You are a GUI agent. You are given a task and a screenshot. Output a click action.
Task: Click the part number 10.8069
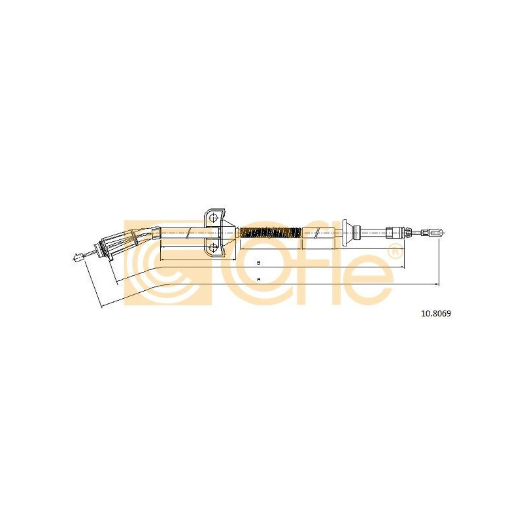coord(436,314)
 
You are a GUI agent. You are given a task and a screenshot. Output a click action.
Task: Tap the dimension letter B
coord(258,263)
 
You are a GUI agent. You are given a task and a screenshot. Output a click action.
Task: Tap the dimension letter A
coord(258,279)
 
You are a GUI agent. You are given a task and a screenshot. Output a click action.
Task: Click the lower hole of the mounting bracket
coord(213,248)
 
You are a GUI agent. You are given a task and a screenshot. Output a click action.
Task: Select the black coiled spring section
coord(271,233)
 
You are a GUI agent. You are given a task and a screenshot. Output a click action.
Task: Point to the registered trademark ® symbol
coord(394,250)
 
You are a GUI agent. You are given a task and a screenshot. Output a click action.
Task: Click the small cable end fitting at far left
coord(78,257)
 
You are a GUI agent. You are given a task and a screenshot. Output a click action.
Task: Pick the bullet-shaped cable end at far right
coord(436,232)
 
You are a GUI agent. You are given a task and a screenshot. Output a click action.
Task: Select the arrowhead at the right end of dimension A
coord(437,284)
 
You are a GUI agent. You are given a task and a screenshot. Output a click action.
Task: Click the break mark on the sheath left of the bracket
coord(189,233)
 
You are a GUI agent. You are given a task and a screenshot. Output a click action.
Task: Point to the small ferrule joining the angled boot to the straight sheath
coord(156,232)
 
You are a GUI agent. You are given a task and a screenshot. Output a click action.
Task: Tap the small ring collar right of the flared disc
coord(357,233)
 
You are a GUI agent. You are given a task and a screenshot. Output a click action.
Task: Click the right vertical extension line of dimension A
coord(439,261)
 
